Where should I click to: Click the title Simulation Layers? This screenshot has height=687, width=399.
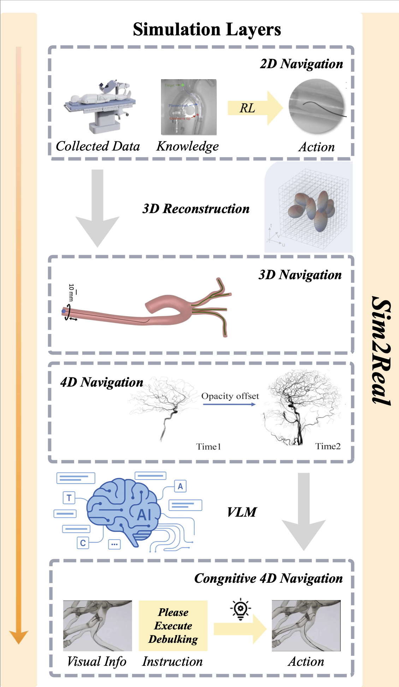(207, 30)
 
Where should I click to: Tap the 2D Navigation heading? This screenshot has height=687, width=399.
(301, 64)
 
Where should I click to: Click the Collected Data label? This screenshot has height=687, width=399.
(98, 146)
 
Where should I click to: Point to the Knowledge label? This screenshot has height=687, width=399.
(187, 146)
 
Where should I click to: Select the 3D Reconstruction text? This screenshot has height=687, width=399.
(196, 209)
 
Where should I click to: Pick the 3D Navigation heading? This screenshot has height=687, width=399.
(300, 275)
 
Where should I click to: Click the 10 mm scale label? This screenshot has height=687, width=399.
(72, 292)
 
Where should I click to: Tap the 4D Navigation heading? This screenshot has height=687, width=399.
(102, 382)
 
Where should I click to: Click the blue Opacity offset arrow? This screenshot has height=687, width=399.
(230, 404)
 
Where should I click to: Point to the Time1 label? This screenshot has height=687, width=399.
(208, 447)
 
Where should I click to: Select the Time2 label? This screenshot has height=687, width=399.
(328, 446)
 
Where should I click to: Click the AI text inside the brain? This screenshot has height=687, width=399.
(144, 515)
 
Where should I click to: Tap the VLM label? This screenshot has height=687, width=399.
(242, 512)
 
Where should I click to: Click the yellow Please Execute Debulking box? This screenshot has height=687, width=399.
(173, 626)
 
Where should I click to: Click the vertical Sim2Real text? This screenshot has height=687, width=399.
(381, 351)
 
